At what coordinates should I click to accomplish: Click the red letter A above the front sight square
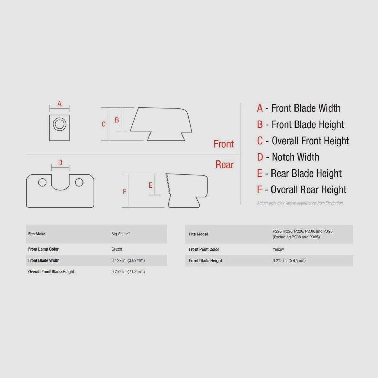click(59, 104)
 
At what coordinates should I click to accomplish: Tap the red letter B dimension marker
click(117, 120)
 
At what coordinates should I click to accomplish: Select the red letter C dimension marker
click(104, 124)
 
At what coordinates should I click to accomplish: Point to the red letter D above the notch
click(60, 163)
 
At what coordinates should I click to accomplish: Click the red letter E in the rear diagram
click(151, 185)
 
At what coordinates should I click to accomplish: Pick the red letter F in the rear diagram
click(124, 191)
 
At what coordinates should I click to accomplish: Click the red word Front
click(224, 144)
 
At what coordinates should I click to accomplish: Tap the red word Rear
click(225, 165)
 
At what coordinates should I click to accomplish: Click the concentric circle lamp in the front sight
click(59, 124)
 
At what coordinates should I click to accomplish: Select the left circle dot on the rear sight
click(42, 182)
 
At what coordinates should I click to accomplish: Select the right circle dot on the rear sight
click(79, 182)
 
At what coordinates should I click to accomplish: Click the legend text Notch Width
click(295, 157)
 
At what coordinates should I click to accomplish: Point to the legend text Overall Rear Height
click(309, 190)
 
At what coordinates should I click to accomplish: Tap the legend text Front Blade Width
click(306, 108)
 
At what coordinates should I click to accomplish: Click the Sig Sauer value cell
click(121, 234)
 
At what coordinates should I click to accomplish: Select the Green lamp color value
click(117, 249)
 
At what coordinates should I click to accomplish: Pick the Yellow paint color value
click(278, 249)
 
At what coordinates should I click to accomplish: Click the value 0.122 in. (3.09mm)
click(128, 260)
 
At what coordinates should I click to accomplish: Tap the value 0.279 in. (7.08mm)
click(128, 272)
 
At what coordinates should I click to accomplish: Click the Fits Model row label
click(198, 234)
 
